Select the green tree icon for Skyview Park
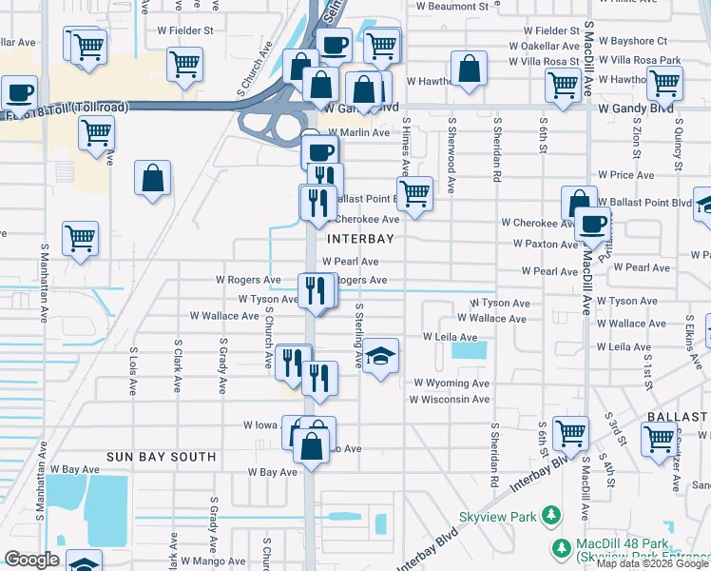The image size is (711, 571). (x=549, y=516)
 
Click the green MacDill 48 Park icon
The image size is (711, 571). (x=561, y=548)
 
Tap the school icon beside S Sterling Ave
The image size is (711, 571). (x=380, y=357)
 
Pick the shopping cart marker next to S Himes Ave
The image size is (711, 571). (x=413, y=193)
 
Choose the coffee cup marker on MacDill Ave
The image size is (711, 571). (x=592, y=225)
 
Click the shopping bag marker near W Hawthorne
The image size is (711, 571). (x=469, y=69)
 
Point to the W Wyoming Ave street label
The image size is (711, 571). (x=450, y=384)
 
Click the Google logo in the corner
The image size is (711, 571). (x=32, y=560)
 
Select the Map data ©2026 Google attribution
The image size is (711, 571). (x=652, y=564)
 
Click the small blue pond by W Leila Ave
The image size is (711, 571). (x=468, y=349)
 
